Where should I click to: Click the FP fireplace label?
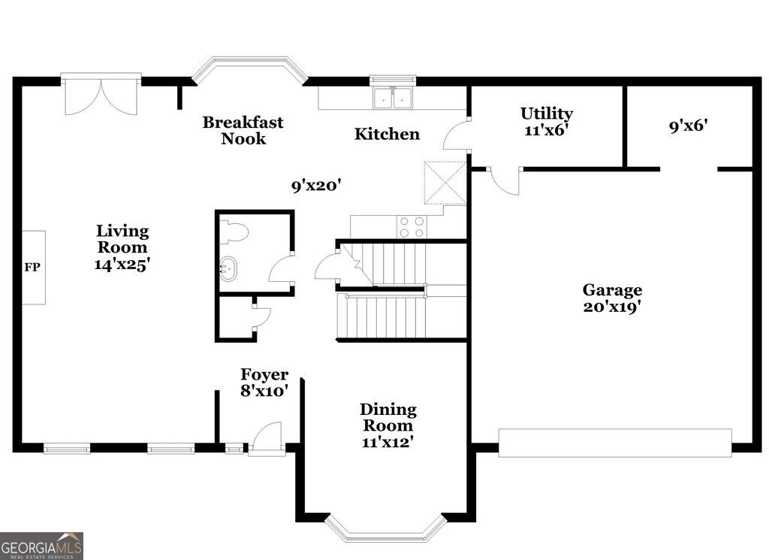32,268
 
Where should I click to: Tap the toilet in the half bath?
234,232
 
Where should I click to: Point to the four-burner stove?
412,227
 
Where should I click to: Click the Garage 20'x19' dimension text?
613,307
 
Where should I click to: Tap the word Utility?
547,114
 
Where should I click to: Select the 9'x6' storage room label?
689,126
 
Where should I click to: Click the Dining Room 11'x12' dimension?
388,442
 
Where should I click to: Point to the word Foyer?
264,375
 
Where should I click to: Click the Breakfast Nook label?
243,130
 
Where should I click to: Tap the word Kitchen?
387,134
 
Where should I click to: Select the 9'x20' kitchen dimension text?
316,186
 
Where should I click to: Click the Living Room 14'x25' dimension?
122,265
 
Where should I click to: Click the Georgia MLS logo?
41,546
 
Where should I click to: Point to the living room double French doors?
101,94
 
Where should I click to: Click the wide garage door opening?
615,443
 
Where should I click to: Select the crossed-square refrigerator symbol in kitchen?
445,182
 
